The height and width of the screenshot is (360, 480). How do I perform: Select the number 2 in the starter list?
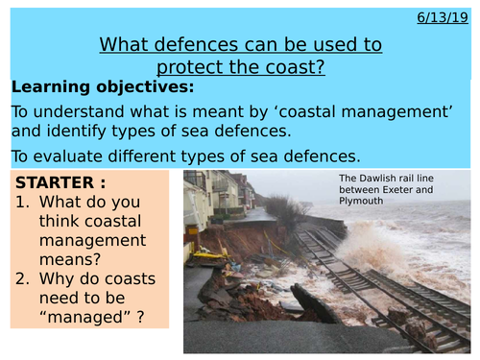23,284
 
